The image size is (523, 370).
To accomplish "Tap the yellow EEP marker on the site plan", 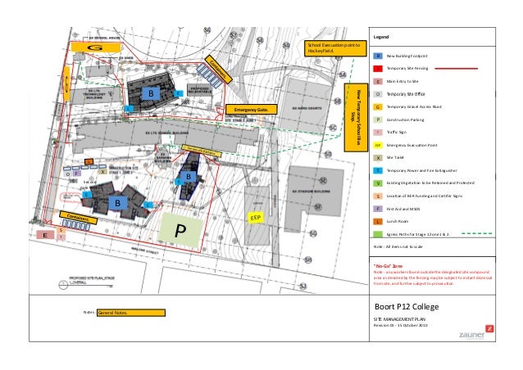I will click(x=256, y=219).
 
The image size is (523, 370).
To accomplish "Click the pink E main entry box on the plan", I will click(x=47, y=235).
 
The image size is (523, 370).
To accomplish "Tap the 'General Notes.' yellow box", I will click(x=130, y=313).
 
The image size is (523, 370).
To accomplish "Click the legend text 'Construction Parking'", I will click(x=412, y=120).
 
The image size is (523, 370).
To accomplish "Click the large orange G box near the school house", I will click(x=94, y=47).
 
